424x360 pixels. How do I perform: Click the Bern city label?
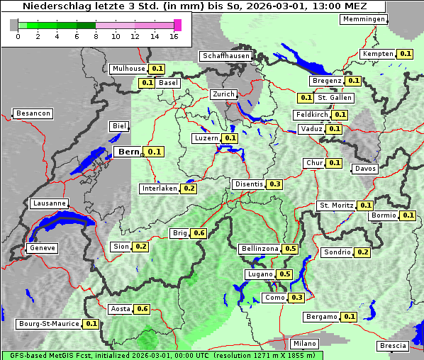(128, 152)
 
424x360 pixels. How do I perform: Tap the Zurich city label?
(223, 94)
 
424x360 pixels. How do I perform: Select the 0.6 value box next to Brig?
(199, 233)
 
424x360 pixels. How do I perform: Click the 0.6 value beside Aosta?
(143, 309)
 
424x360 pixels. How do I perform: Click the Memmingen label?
(364, 19)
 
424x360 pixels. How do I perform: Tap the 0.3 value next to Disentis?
(275, 184)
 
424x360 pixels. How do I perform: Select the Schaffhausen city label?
(226, 56)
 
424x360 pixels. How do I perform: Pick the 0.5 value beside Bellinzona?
(290, 249)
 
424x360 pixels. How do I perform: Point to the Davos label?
(365, 169)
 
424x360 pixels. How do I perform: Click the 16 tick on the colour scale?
(174, 37)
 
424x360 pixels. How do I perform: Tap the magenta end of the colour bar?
(177, 25)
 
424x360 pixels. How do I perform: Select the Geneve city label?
(42, 249)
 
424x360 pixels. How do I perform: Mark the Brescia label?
(394, 346)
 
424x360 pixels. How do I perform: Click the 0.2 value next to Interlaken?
(189, 189)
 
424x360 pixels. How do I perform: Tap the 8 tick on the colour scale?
(96, 37)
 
